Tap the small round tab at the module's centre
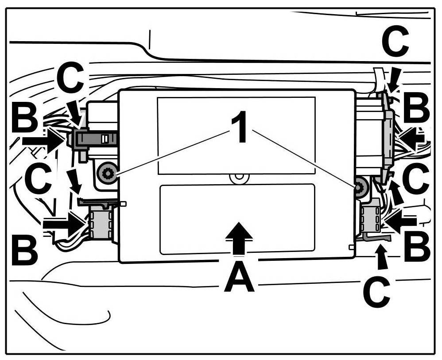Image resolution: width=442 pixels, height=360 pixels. pyautogui.click(x=239, y=176)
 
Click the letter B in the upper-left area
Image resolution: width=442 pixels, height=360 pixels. pyautogui.click(x=25, y=119)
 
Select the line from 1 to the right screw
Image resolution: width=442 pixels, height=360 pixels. pyautogui.click(x=306, y=157)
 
